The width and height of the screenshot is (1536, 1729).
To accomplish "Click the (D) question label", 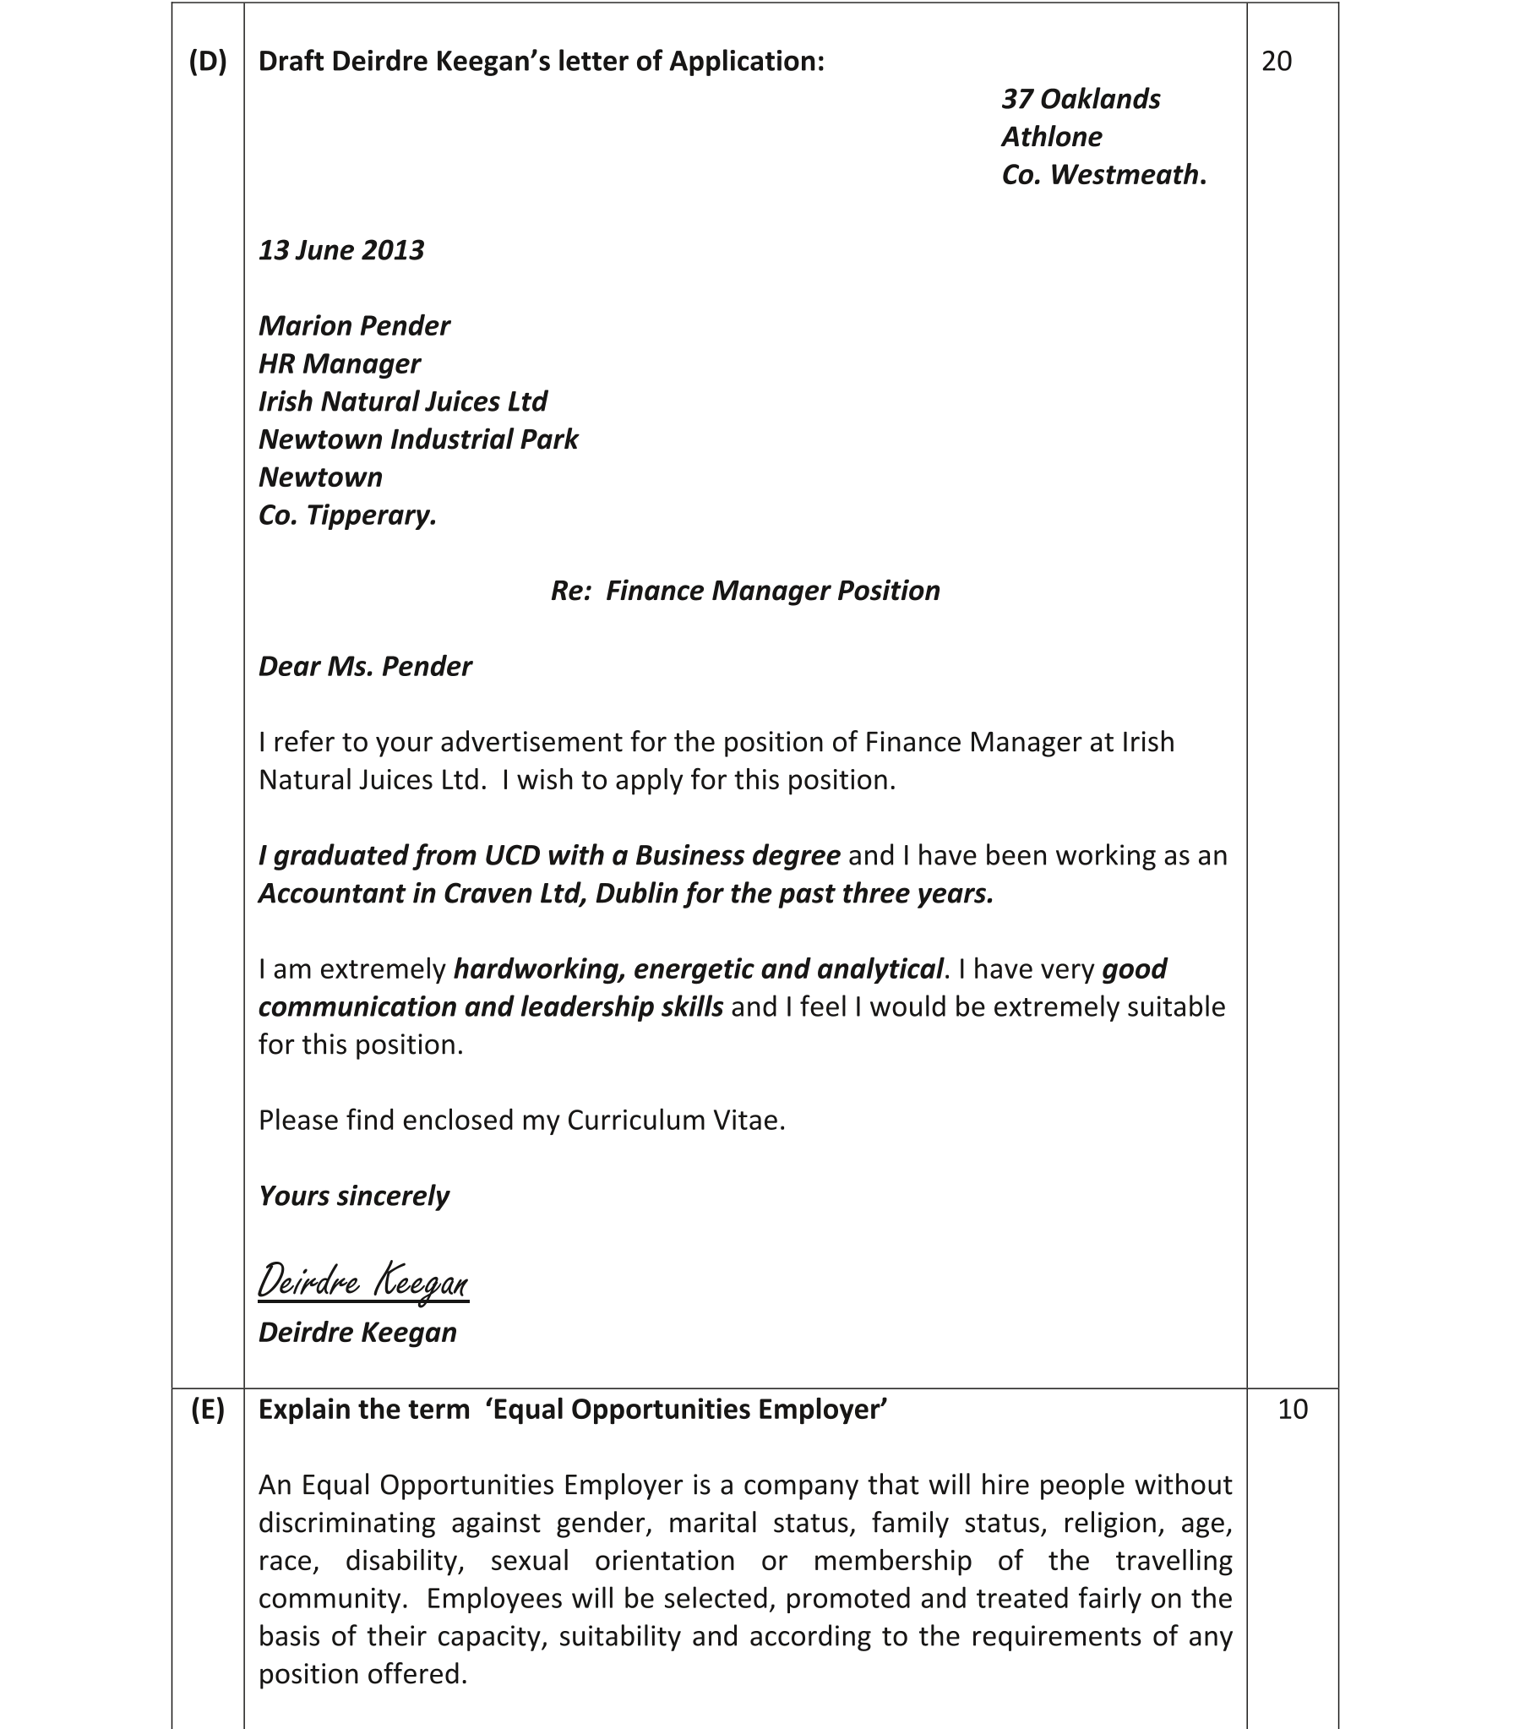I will [208, 62].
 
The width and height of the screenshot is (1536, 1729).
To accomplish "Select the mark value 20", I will [1277, 62].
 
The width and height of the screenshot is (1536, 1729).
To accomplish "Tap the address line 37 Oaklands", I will [1080, 99].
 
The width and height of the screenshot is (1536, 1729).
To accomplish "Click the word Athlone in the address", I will [1051, 137].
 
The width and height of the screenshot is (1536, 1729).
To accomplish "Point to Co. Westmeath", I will [1103, 175].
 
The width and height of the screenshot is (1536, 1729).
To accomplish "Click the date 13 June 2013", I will [340, 250].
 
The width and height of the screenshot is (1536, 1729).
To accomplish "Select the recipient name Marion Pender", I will [353, 325].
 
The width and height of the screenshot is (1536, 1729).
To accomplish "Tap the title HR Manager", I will [339, 363].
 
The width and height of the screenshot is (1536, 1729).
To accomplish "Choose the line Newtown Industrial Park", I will [418, 440].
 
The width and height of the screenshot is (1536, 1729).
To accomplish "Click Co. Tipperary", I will [346, 515].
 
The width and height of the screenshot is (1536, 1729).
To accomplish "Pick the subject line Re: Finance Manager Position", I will [744, 591].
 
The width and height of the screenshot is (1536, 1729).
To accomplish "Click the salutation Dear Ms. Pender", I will [364, 667].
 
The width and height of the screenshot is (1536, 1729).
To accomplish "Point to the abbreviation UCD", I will [512, 856].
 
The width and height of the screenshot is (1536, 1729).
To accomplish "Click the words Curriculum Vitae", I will [675, 1121].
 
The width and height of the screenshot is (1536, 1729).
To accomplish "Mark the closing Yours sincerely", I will [353, 1196].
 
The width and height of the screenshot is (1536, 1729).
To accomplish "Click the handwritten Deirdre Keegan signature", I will [362, 1282].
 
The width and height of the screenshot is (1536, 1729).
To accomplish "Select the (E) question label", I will [208, 1410].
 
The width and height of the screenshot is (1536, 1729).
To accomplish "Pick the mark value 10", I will [1293, 1410].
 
